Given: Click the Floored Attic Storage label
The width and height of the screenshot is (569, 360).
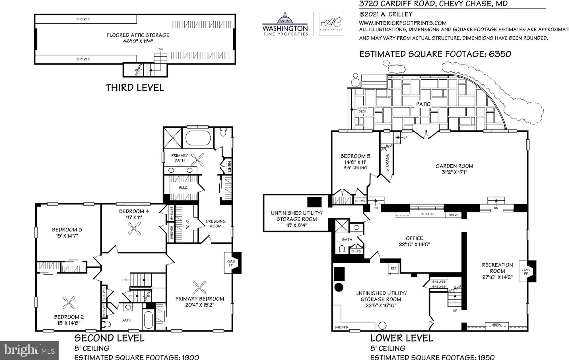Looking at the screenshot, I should click(x=138, y=35).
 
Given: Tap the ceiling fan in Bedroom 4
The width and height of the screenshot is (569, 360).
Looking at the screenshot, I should click(x=134, y=228).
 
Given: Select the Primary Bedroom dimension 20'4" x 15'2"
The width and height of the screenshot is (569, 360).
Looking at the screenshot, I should click(x=199, y=305).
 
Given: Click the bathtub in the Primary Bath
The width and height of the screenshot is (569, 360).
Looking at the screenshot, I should click(x=198, y=138).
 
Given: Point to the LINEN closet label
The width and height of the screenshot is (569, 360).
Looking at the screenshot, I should click(x=229, y=167).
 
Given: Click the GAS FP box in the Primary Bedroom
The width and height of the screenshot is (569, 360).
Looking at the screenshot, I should click(x=231, y=263).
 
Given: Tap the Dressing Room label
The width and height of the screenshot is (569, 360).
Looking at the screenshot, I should click(x=216, y=224).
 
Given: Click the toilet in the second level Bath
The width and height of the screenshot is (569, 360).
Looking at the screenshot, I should click(x=107, y=324).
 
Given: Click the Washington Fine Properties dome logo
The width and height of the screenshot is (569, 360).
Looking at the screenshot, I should click(x=285, y=19).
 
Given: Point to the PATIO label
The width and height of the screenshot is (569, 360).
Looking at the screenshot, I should click(x=423, y=104).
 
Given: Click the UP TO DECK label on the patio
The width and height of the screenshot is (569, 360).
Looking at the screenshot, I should click(x=362, y=110).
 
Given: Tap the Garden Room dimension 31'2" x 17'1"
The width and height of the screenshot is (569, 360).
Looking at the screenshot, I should click(x=454, y=172).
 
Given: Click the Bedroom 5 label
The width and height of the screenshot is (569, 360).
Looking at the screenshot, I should click(x=355, y=156).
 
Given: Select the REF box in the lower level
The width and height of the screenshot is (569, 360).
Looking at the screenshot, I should click(x=393, y=268).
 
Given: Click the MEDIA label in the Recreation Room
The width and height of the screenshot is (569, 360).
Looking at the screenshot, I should click(x=496, y=324).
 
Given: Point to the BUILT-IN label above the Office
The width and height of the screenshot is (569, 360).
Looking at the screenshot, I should click(x=427, y=214).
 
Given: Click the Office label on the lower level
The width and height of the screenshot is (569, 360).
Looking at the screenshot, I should click(x=414, y=238).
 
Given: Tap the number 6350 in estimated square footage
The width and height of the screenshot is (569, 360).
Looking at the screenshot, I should click(x=500, y=54).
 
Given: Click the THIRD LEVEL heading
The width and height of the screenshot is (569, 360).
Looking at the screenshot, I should click(x=135, y=88).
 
